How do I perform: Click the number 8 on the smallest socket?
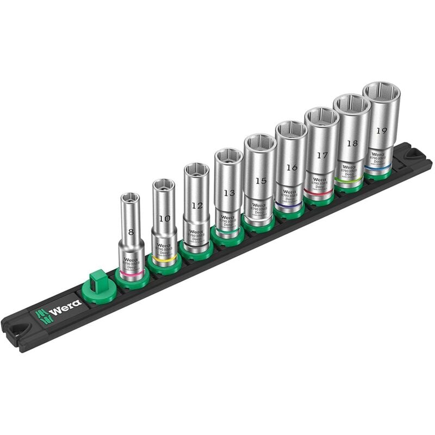130,232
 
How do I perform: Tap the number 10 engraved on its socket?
165,218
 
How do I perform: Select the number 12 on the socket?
197,206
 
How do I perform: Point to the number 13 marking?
229,193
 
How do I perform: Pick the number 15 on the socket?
262,181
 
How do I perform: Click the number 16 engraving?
292,167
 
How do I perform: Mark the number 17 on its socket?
322,155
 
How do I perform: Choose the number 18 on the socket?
352,143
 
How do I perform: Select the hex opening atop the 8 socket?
130,197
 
